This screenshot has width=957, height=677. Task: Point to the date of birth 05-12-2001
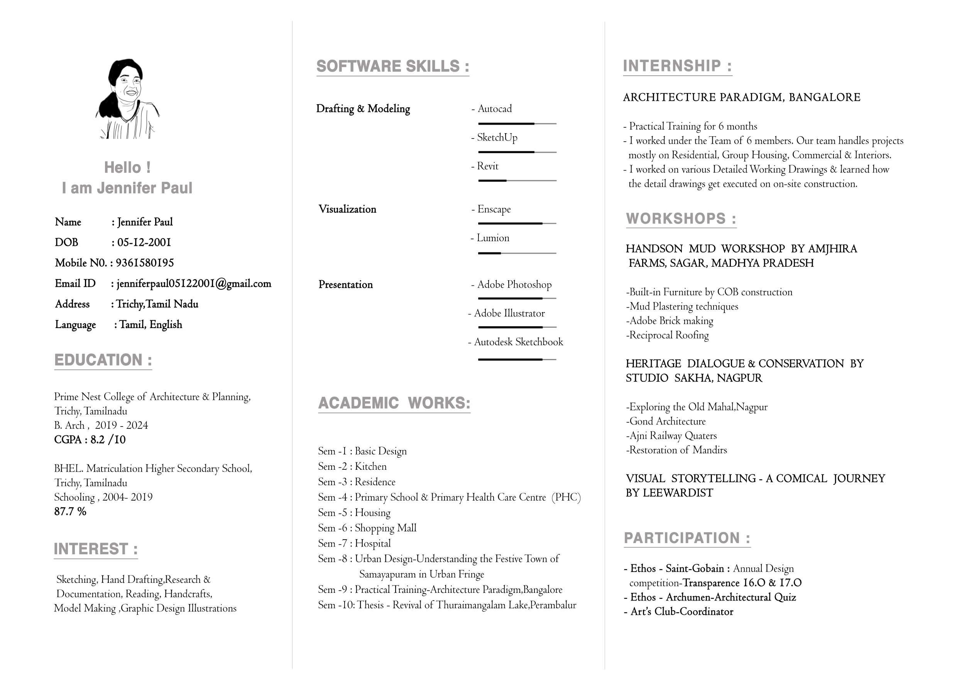tap(144, 243)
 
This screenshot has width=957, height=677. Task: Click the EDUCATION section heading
tap(103, 360)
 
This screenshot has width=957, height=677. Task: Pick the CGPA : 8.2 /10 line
tap(90, 440)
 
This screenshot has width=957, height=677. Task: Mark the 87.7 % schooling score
tap(70, 511)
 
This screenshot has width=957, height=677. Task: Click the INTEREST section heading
tap(95, 549)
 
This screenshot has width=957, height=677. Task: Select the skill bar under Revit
tap(517, 181)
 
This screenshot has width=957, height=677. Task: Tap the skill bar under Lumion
tap(517, 253)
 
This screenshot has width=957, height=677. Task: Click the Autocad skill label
tap(494, 109)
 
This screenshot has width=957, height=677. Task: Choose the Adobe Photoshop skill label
tap(514, 285)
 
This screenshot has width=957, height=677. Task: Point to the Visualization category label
tap(347, 209)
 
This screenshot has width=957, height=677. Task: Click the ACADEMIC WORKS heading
tap(394, 403)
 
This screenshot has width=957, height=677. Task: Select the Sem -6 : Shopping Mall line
tap(367, 528)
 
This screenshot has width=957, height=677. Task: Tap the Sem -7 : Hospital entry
tap(354, 543)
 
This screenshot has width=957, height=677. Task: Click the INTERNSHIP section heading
tap(677, 66)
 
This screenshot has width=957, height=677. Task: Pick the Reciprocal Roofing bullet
tap(667, 335)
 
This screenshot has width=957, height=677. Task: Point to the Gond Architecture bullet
tap(666, 421)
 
